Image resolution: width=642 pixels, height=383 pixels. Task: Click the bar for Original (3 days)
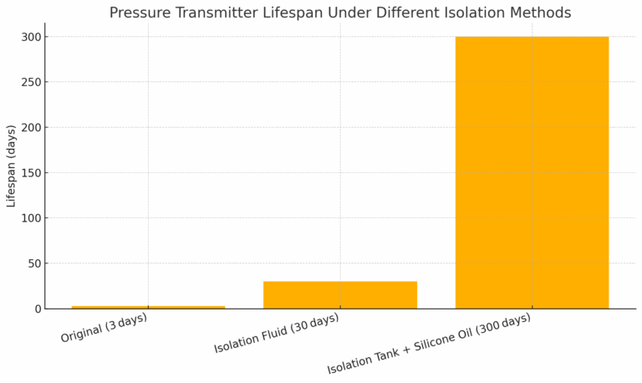click(x=148, y=307)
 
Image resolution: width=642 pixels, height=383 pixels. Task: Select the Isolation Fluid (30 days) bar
click(x=339, y=295)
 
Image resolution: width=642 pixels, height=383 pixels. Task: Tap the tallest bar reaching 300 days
click(x=532, y=172)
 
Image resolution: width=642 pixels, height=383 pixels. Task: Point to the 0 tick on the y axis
click(x=37, y=309)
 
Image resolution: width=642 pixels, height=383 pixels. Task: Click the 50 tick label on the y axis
click(x=33, y=263)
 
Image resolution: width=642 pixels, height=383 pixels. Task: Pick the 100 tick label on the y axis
click(x=30, y=218)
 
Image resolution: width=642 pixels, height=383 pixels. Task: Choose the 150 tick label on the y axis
click(x=30, y=173)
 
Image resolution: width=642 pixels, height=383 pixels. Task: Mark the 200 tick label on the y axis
click(x=30, y=128)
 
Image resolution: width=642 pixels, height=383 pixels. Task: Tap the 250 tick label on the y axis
click(x=30, y=82)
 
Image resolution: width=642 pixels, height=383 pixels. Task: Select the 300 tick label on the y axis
click(x=30, y=37)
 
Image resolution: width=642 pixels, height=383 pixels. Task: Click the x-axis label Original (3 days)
click(x=104, y=328)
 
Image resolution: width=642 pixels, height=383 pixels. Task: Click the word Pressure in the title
click(x=139, y=13)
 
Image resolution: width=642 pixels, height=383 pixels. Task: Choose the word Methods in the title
click(x=542, y=13)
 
